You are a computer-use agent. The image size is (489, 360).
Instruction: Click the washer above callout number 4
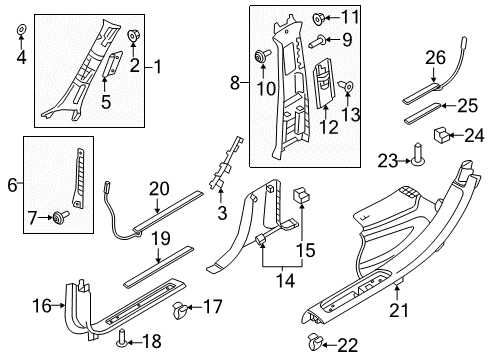22,30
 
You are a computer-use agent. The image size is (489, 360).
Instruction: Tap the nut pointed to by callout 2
134,35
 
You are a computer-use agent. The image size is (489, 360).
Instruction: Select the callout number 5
106,101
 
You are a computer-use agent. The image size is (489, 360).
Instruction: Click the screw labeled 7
61,216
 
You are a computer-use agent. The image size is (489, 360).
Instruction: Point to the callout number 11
350,17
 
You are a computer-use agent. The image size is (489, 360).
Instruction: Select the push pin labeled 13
346,86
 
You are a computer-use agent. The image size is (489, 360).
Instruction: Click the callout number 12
329,127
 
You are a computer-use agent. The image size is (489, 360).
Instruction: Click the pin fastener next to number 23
418,154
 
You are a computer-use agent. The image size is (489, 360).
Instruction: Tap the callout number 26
435,58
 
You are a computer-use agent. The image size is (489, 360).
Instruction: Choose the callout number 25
468,106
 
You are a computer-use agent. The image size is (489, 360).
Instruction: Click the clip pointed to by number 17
180,309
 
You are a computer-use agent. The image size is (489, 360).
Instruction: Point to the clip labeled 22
315,341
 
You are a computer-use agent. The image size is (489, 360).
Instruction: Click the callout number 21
399,311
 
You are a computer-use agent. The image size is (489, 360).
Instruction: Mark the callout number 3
222,213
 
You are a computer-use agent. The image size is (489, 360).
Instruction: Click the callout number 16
42,306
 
